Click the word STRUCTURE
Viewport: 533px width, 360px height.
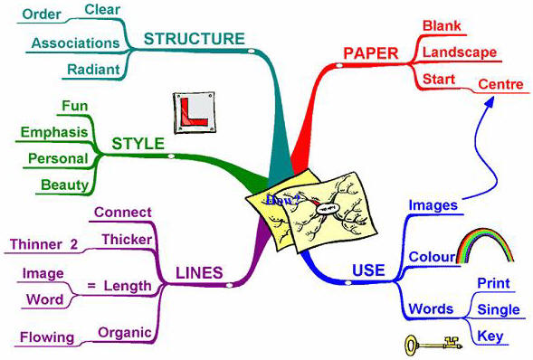pos(194,38)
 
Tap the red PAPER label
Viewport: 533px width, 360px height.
pos(371,53)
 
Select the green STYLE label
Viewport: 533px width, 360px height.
pos(137,144)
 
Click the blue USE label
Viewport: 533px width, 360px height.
pos(366,270)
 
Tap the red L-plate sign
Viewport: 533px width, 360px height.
pos(191,111)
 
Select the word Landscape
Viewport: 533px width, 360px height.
pos(460,52)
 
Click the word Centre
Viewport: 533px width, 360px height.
pos(500,85)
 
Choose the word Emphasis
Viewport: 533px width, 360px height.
pos(53,132)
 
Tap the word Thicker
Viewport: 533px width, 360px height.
pos(126,239)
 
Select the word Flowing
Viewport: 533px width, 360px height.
pos(47,337)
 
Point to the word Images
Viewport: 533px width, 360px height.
pos(433,205)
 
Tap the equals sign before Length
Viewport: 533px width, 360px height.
pos(90,286)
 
